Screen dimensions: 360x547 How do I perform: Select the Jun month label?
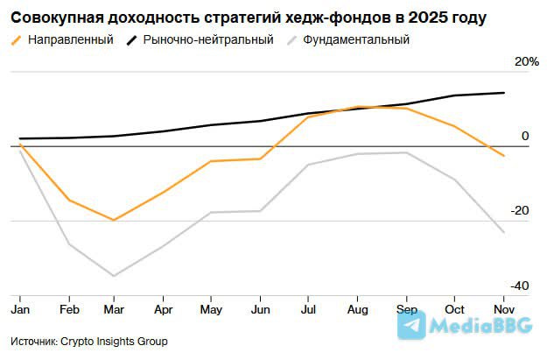260,310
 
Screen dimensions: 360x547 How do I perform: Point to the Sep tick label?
406,310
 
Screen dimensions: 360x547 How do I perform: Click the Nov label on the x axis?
503,310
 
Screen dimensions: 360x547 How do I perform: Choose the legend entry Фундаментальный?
355,40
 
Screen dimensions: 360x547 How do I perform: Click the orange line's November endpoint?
503,156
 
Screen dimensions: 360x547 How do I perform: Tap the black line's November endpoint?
503,93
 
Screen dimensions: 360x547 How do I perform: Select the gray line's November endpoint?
503,232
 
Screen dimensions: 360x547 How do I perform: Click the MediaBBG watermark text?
480,327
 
